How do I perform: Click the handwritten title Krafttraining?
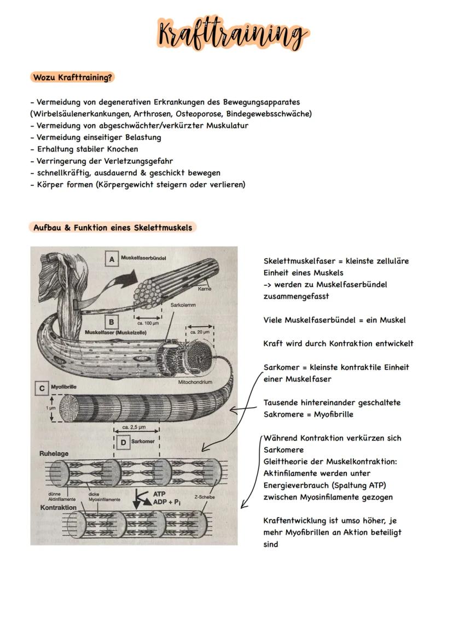232,34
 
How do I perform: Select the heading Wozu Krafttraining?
72,77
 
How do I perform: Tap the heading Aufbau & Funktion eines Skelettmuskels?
113,227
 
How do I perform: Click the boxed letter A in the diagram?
112,259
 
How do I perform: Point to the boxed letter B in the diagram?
111,322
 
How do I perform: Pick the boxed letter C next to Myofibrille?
42,388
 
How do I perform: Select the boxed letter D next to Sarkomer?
123,441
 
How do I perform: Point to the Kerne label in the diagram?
205,288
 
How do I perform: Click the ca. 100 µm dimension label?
148,323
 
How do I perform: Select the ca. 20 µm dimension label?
200,331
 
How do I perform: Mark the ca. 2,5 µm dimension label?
136,427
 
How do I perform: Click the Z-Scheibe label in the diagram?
204,497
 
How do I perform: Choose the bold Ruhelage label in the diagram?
54,453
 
